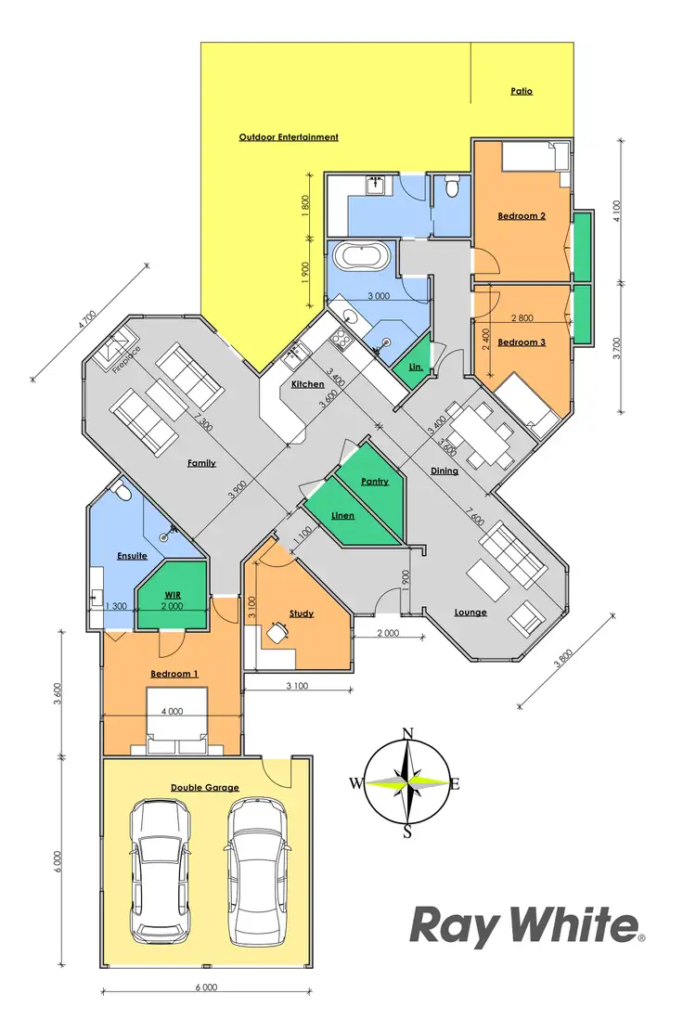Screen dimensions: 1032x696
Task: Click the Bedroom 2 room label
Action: tap(521, 215)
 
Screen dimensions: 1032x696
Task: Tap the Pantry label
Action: tap(374, 482)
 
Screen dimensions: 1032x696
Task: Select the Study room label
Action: tap(301, 613)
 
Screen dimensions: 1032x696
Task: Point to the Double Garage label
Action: tap(204, 788)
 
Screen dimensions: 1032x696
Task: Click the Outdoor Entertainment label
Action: tap(289, 137)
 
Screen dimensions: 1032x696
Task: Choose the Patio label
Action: tap(522, 92)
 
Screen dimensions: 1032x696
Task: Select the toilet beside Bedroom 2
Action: tap(452, 189)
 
